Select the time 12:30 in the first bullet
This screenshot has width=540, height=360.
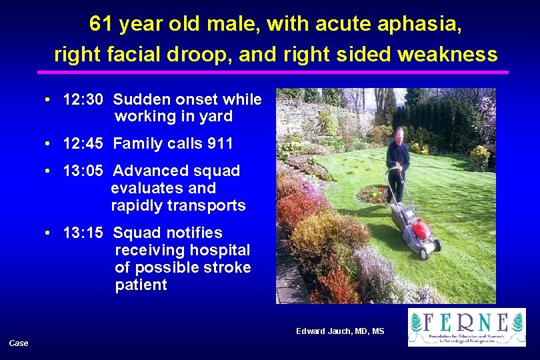83,100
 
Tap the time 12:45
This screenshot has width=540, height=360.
83,143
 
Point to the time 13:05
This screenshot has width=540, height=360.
83,171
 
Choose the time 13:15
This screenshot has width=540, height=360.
83,233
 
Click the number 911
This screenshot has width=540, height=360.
219,143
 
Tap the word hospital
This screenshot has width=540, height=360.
219,250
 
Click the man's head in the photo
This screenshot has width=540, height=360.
398,135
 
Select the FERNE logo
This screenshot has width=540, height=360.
466,327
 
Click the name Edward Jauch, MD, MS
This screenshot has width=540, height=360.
340,331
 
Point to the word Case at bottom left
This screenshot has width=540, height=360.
19,343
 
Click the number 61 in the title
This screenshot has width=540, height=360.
101,25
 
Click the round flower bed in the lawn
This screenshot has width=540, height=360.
373,195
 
